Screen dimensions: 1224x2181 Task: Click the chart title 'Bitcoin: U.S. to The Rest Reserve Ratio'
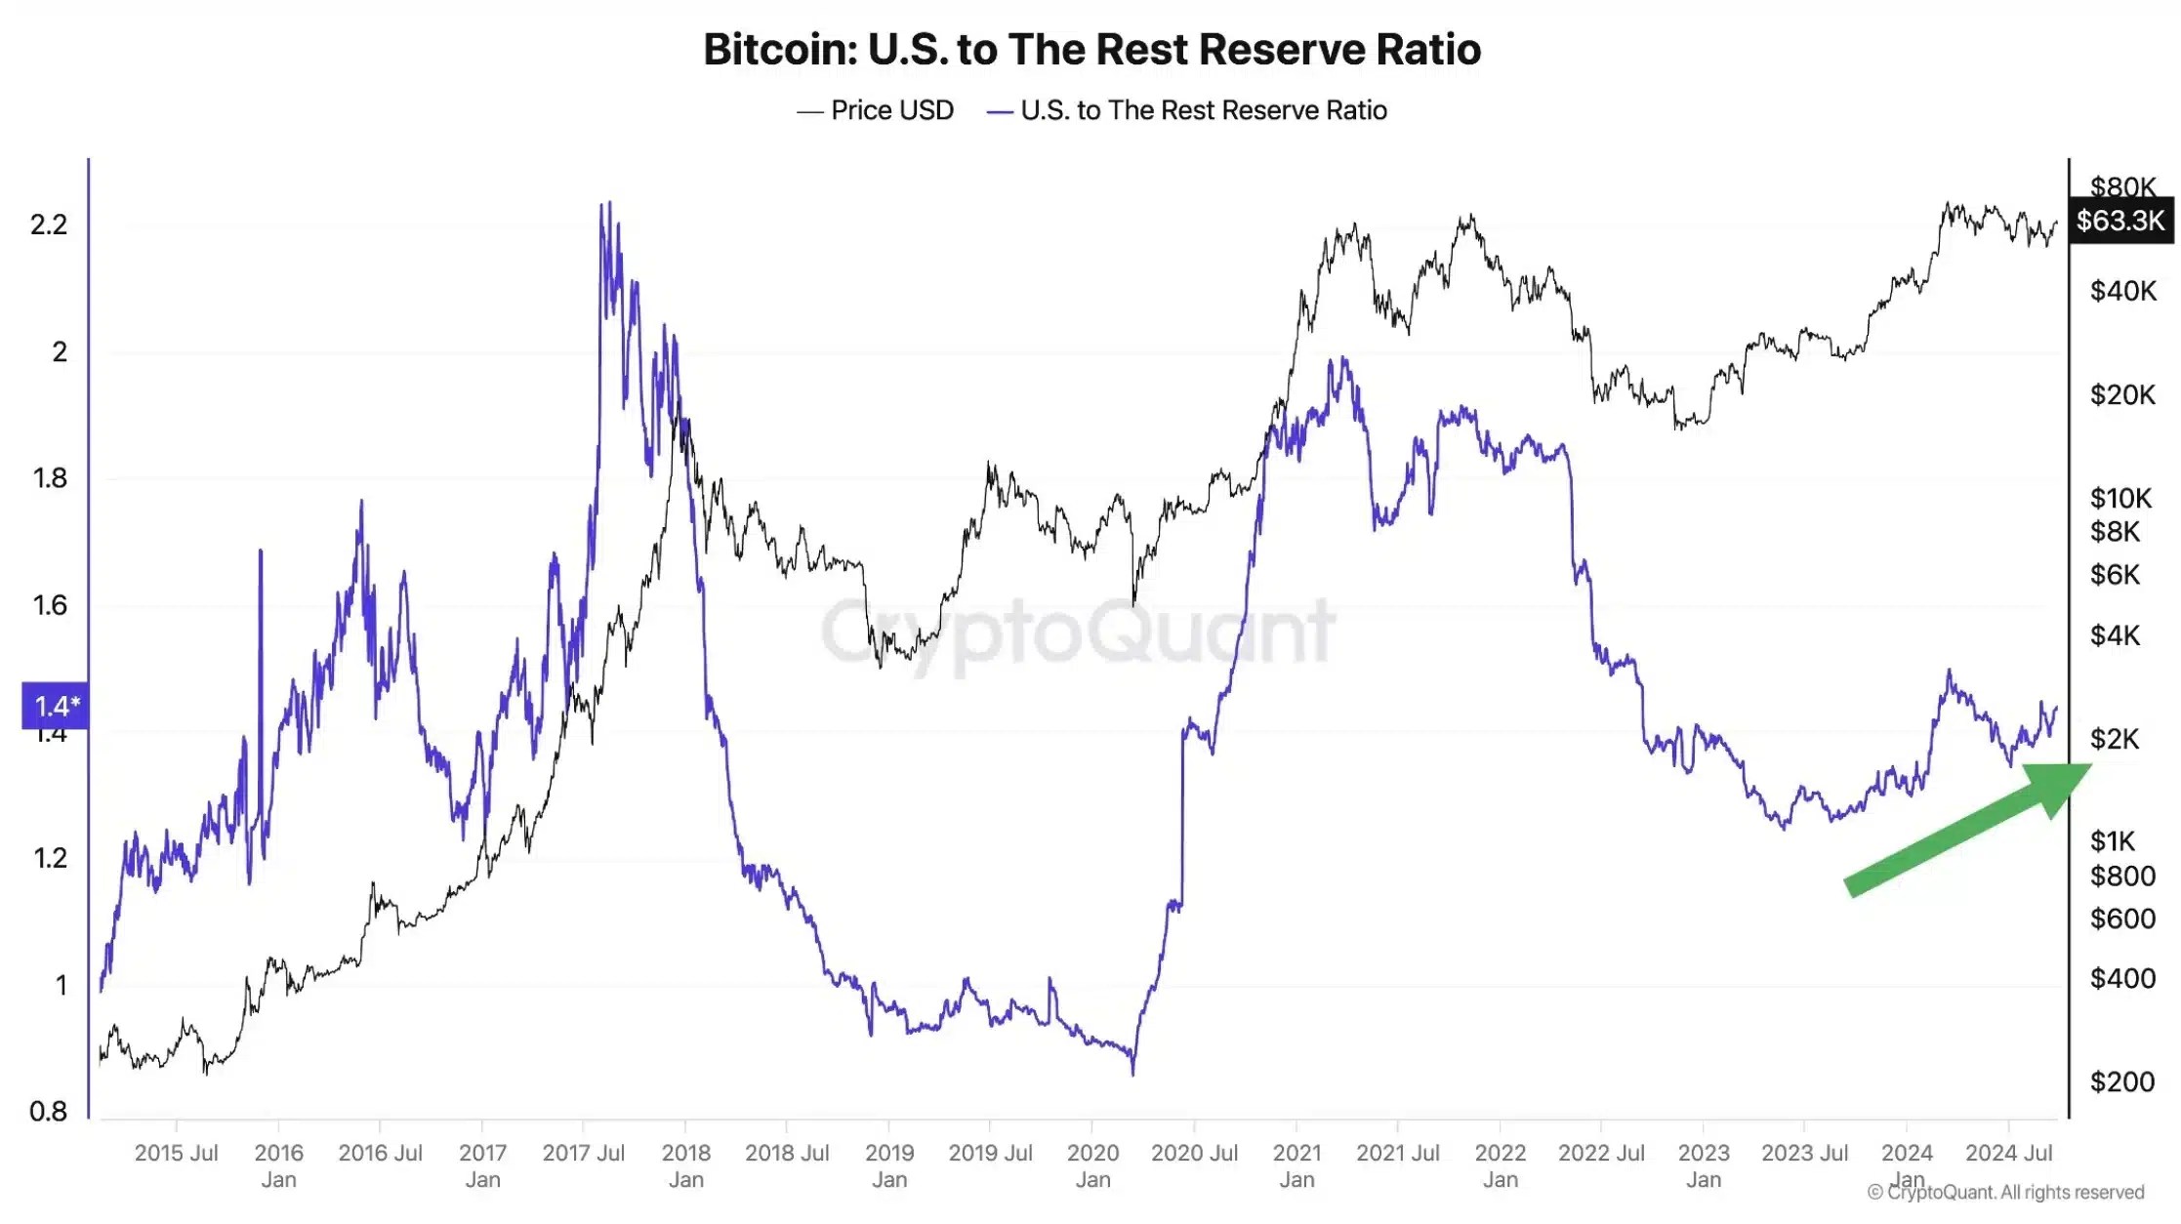[x=1091, y=50]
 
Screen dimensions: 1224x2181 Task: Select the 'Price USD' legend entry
[x=876, y=110]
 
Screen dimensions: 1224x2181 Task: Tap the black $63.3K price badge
[x=2119, y=221]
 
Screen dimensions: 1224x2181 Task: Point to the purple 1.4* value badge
[x=56, y=706]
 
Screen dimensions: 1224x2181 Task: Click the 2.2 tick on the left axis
[x=49, y=224]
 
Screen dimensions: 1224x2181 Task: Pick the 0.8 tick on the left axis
[x=49, y=1111]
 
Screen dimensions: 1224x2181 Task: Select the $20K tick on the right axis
[x=2121, y=394]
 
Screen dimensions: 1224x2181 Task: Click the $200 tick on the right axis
[x=2121, y=1081]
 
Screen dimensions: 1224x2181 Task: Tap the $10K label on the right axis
[x=2119, y=498]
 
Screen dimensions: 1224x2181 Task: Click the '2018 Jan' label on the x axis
[x=685, y=1165]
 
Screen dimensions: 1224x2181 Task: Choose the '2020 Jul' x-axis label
[x=1194, y=1153]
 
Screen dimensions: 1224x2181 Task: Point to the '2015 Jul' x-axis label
[x=176, y=1153]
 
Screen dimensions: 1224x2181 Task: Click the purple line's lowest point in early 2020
[x=1132, y=1074]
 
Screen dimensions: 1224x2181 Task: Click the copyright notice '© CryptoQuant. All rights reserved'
[x=2005, y=1192]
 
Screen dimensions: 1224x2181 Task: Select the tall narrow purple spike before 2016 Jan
[x=260, y=552]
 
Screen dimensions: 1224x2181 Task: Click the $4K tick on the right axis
[x=2115, y=635]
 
